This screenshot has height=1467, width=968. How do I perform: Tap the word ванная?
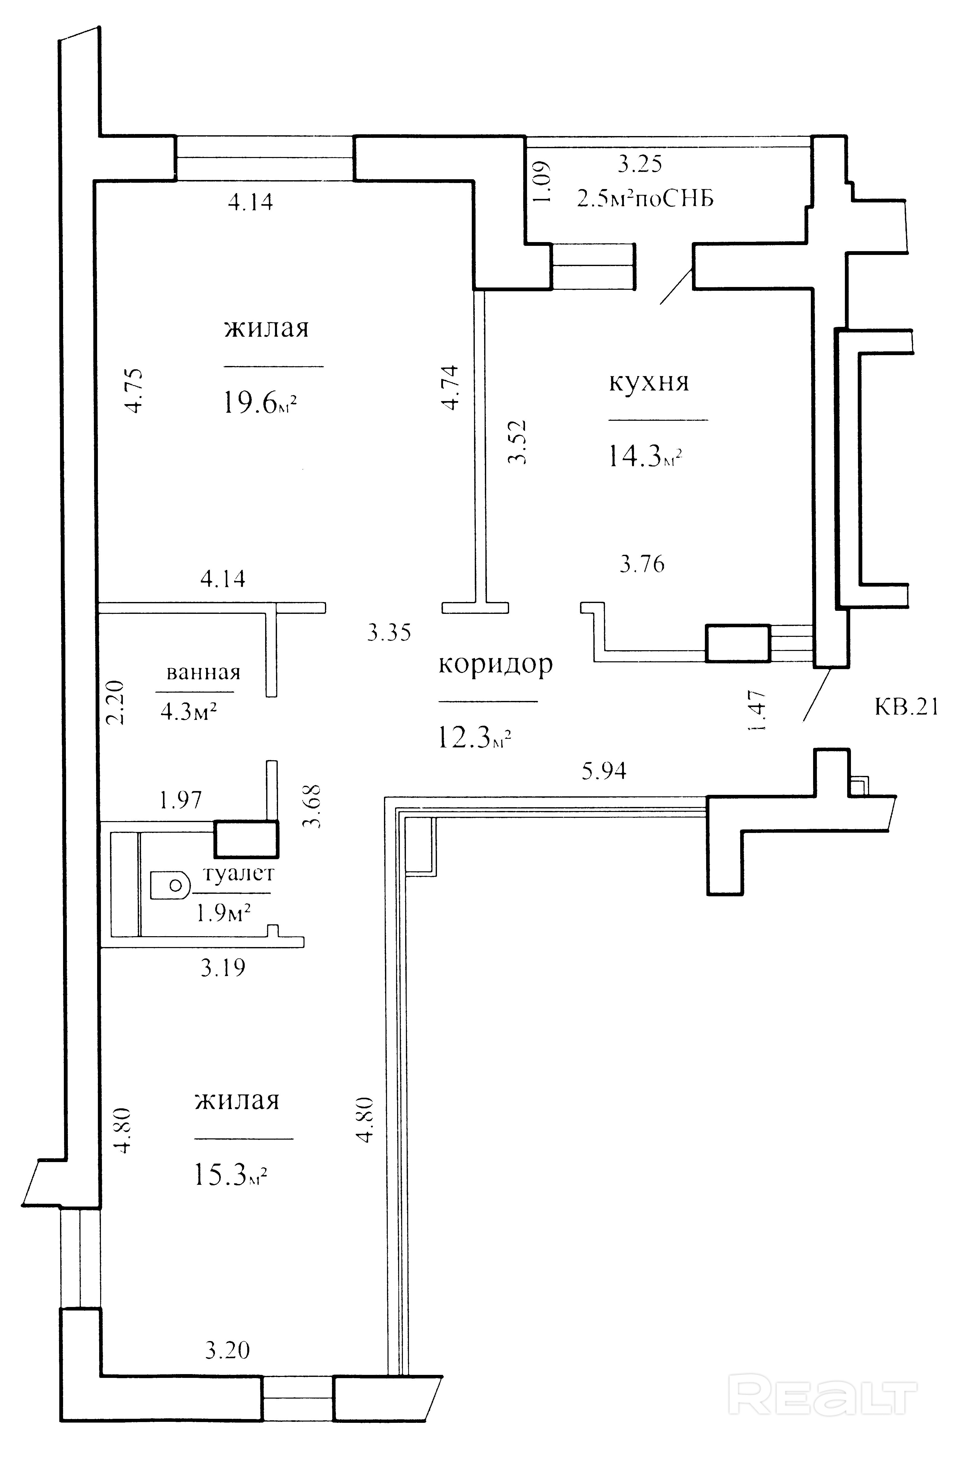203,672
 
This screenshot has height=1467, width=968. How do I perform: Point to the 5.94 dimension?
604,771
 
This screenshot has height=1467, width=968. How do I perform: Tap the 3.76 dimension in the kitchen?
642,564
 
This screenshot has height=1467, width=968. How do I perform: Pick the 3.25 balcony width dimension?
640,164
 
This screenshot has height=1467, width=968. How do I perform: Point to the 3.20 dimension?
227,1350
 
